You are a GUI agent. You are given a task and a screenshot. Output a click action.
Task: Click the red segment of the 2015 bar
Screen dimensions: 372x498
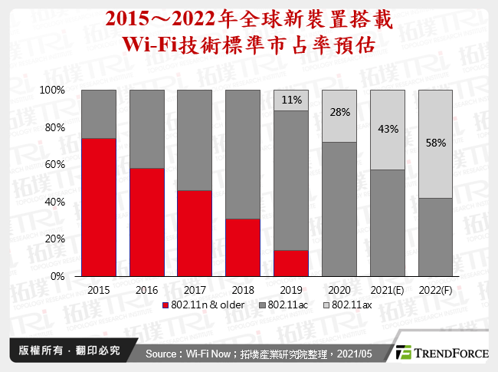click(x=99, y=207)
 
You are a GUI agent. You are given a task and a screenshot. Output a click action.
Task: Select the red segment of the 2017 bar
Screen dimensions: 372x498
click(x=195, y=233)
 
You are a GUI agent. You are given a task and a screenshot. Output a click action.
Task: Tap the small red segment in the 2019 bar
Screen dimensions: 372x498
click(x=291, y=263)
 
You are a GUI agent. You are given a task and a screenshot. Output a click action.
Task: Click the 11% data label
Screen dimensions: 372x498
click(x=291, y=100)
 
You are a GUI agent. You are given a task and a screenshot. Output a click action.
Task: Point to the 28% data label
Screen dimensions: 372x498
click(x=339, y=112)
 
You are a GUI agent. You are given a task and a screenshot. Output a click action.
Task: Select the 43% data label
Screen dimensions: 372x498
click(x=388, y=129)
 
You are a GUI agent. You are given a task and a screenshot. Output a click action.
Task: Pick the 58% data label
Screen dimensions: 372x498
click(x=436, y=143)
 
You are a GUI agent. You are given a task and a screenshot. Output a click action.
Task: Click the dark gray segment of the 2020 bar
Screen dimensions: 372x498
click(x=339, y=209)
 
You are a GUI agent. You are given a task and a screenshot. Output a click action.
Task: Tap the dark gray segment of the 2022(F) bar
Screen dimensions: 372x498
click(x=436, y=237)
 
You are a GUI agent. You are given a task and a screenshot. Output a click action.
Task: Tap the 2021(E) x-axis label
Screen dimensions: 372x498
click(x=388, y=290)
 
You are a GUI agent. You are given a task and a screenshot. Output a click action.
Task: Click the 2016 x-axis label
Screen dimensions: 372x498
click(x=146, y=290)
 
